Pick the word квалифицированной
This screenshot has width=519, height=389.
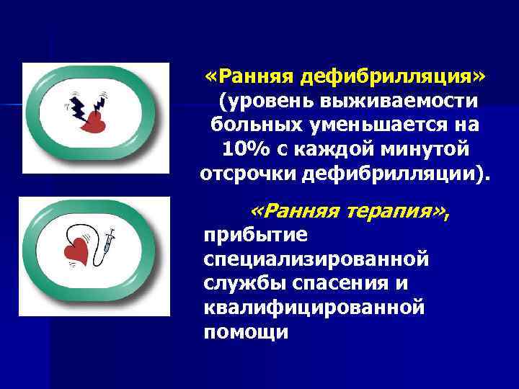pos(313,308)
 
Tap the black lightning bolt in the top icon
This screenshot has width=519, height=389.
pos(77,106)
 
